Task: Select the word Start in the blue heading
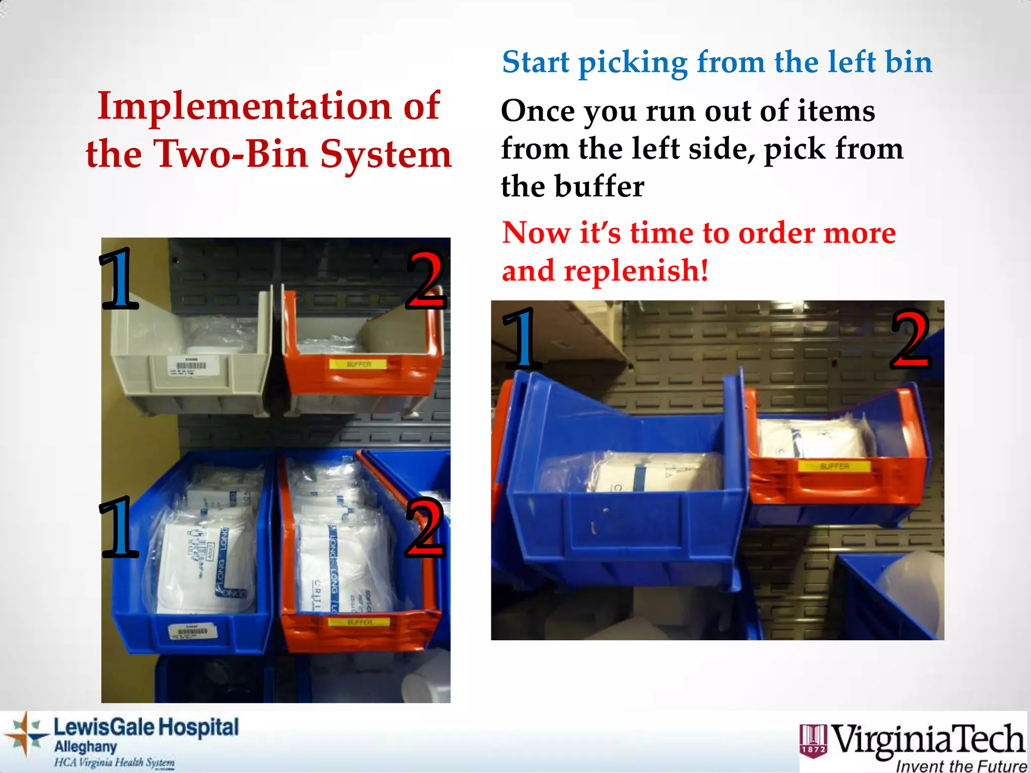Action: [536, 62]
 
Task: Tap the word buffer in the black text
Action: [599, 186]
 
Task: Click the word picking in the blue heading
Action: [633, 63]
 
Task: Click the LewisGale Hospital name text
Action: [146, 728]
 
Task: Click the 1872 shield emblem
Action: [813, 740]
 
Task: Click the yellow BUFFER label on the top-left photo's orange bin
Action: [358, 364]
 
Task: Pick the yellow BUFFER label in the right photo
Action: [834, 467]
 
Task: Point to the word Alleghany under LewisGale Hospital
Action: [86, 746]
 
